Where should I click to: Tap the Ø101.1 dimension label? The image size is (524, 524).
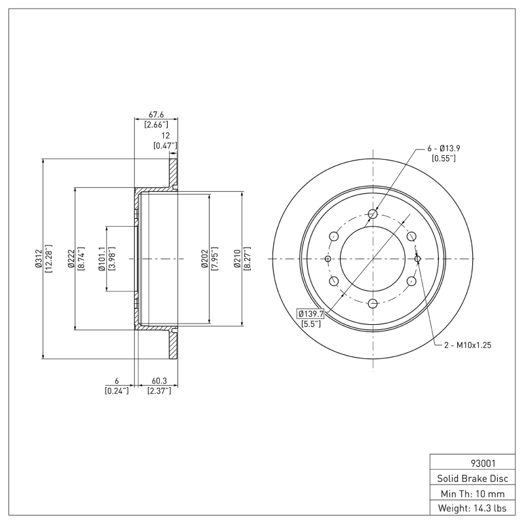pos(102,259)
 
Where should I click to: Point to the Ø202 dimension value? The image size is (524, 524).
pos(205,259)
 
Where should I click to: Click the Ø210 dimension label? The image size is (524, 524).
pos(237,259)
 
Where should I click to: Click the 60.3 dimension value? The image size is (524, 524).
pos(159,381)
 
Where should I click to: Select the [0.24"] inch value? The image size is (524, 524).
pos(116,390)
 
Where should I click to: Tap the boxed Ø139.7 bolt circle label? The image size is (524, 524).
pos(311,314)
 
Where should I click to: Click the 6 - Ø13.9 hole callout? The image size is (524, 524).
pos(443,149)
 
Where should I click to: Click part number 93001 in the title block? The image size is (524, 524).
pos(468,463)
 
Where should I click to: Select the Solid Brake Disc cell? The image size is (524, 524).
pos(468,478)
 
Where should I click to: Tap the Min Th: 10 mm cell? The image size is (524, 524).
pos(468,493)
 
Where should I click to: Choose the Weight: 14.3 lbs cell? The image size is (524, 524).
pos(468,508)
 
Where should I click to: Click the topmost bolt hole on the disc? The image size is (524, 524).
pos(373,214)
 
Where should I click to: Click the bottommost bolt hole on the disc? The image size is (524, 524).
pos(373,303)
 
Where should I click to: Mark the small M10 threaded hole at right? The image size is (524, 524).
pos(417,259)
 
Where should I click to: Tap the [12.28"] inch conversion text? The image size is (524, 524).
pos(48,259)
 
